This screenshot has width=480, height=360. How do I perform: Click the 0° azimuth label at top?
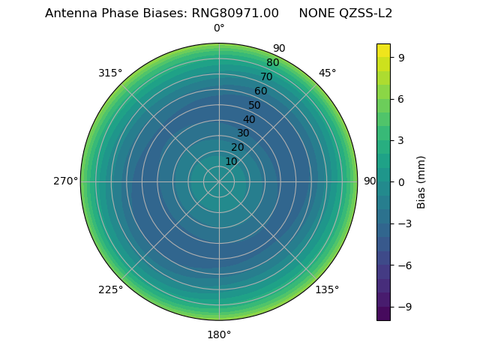click(219, 28)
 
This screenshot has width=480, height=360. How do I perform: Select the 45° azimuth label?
click(327, 73)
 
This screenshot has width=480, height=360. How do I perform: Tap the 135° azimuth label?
click(327, 289)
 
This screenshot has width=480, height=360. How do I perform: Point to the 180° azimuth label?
click(219, 334)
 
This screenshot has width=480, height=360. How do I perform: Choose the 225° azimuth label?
click(110, 289)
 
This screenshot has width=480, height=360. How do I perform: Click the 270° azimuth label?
click(65, 181)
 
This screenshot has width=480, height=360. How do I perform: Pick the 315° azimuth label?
click(110, 73)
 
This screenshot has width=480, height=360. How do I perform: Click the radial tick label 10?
click(231, 161)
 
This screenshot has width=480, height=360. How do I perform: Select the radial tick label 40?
click(249, 119)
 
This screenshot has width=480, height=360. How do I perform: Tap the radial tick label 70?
click(266, 76)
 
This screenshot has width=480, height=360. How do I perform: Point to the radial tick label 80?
click(272, 63)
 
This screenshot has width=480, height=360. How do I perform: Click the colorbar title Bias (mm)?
click(421, 181)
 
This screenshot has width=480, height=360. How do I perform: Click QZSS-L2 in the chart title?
click(363, 13)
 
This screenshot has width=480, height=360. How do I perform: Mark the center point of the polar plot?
click(219, 181)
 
